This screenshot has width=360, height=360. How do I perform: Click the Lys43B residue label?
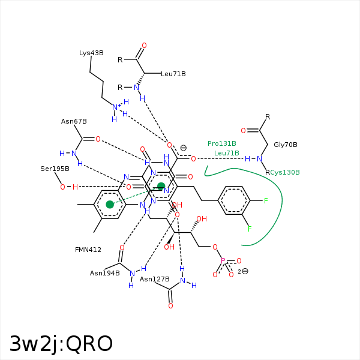click(x=91, y=53)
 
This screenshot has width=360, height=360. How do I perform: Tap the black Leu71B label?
click(x=173, y=74)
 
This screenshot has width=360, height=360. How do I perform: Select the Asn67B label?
click(x=74, y=121)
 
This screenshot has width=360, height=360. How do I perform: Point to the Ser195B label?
click(x=55, y=169)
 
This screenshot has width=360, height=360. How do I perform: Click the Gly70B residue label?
click(x=286, y=145)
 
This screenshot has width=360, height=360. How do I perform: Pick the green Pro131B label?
click(x=222, y=143)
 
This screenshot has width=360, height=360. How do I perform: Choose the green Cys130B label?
click(x=285, y=172)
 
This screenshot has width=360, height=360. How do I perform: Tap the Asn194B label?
click(x=104, y=273)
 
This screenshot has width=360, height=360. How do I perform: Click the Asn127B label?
click(x=155, y=279)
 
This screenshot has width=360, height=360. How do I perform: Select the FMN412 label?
click(x=88, y=250)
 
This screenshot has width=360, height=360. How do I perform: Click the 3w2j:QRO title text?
click(x=61, y=344)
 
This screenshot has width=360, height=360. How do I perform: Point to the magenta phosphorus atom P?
click(x=223, y=261)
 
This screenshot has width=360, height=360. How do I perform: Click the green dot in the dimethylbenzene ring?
click(x=110, y=205)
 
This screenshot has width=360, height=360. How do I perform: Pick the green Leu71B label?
click(x=227, y=153)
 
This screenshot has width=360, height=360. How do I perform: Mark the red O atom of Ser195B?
click(x=62, y=187)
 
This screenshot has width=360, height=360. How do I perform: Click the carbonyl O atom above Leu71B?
click(x=144, y=46)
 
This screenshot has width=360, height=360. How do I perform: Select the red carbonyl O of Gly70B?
click(x=244, y=131)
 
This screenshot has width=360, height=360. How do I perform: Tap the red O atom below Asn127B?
click(x=170, y=306)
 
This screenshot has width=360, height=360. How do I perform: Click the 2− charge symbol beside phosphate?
click(x=244, y=272)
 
